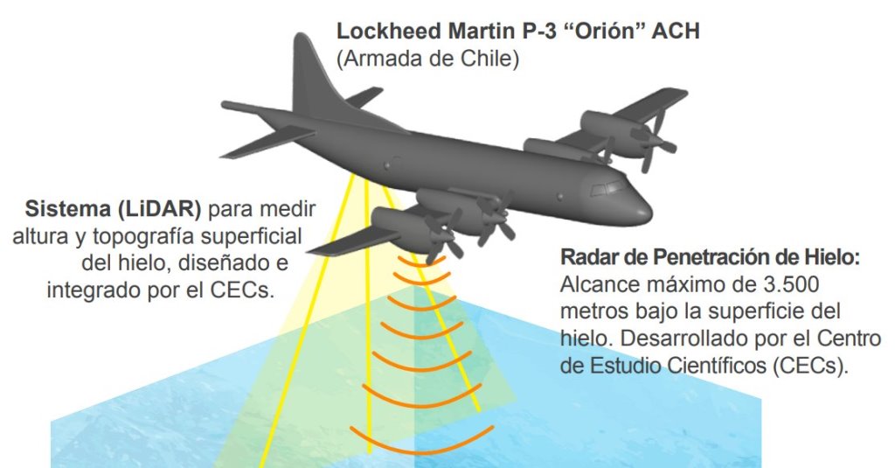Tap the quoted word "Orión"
[596, 31]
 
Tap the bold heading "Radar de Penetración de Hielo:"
[709, 259]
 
